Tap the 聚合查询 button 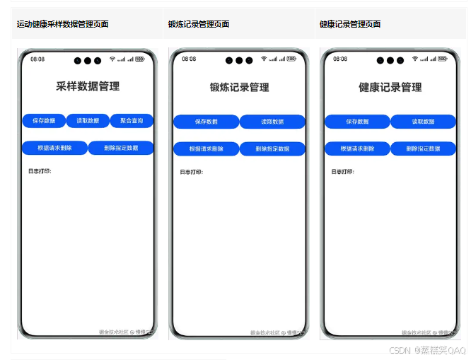pos(132,121)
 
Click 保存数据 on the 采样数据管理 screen pos(44,121)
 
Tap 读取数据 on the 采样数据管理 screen pos(88,121)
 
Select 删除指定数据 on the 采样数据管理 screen pos(121,148)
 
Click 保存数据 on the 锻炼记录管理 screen pos(207,122)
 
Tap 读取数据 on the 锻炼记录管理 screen pos(272,122)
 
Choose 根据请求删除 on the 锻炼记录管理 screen pos(207,149)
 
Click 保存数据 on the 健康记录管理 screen pos(357,122)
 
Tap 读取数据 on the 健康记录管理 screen pos(424,122)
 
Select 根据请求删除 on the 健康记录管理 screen pos(357,149)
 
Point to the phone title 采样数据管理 pos(88,86)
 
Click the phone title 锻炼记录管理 pos(239,88)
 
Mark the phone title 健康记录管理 pos(390,88)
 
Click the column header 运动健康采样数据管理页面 pos(63,24)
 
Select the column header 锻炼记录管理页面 pos(199,24)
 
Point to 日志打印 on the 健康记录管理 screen pos(342,171)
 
